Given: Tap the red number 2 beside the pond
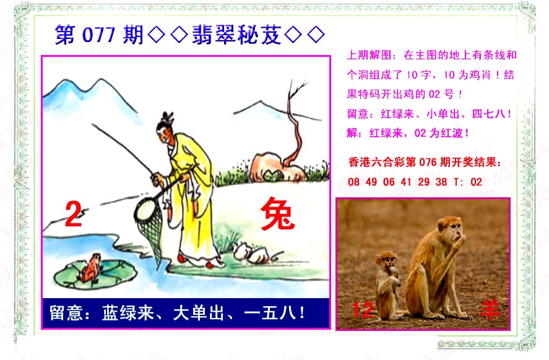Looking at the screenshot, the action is (x=73, y=215).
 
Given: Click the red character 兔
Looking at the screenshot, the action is (x=277, y=214).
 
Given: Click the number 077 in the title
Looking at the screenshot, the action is (x=98, y=35).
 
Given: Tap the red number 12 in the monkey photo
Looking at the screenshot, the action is (x=362, y=310).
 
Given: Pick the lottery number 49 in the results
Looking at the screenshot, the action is (x=371, y=182).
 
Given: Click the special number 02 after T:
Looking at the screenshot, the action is (x=476, y=182).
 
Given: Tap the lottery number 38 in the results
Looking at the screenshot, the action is (x=441, y=182).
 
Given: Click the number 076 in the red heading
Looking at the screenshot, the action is (x=428, y=162).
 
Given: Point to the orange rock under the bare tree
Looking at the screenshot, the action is (x=277, y=167).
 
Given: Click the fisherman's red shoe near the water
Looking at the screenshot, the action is (x=181, y=259).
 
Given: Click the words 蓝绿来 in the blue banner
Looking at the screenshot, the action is (x=128, y=313).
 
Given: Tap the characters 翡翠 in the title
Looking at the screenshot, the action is (x=214, y=35).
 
